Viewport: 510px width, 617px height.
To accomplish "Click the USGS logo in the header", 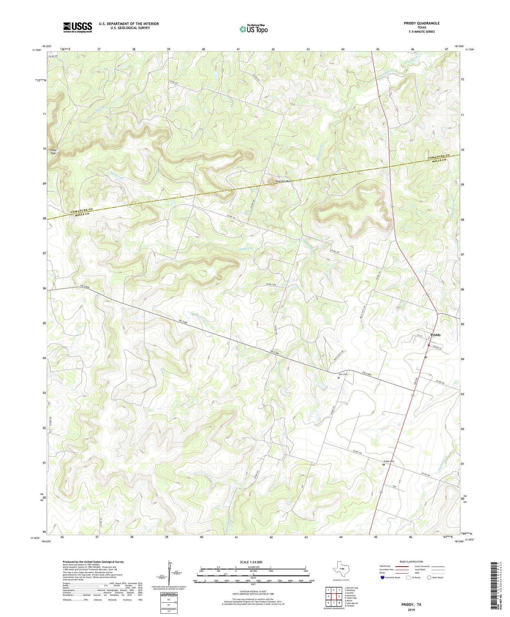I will tap(78, 27).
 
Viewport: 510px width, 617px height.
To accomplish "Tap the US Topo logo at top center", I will tap(254, 29).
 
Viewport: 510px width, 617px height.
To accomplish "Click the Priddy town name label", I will tap(435, 335).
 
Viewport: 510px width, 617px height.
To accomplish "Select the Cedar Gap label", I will tap(53, 151).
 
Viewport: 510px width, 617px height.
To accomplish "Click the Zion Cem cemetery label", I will tap(343, 374).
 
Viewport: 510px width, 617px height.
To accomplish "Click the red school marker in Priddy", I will tap(428, 345).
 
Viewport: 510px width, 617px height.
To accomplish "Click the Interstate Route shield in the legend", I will tap(383, 578).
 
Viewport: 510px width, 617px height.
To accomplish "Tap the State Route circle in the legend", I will tap(429, 578).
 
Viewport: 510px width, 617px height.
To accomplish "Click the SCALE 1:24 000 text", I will tap(253, 562).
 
